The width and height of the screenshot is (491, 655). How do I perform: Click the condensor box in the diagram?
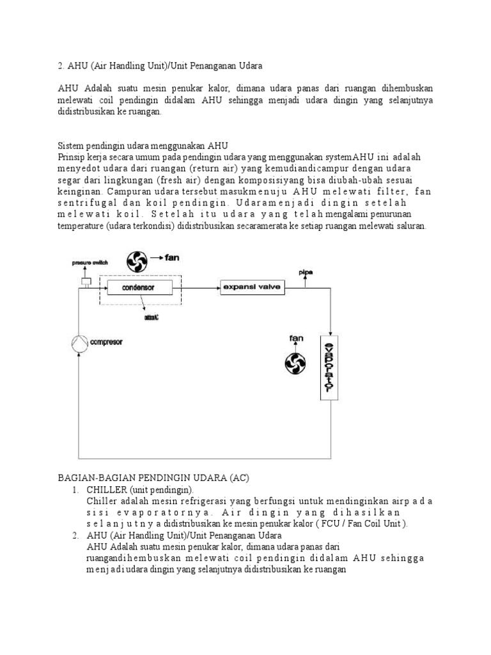[139, 287]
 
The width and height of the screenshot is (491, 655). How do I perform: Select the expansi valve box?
[253, 287]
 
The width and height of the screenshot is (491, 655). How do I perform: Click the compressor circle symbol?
[79, 342]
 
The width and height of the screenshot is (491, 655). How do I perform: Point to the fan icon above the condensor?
[137, 260]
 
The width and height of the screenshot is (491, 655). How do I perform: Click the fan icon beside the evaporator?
[295, 363]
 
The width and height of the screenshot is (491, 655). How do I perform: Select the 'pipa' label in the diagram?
[306, 272]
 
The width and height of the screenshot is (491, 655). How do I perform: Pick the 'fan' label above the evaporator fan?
[295, 338]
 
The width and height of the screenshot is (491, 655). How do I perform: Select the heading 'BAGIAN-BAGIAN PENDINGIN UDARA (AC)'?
[153, 477]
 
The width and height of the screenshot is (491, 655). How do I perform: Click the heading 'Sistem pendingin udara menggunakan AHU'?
[143, 146]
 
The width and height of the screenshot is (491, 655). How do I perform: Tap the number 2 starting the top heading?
[59, 65]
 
